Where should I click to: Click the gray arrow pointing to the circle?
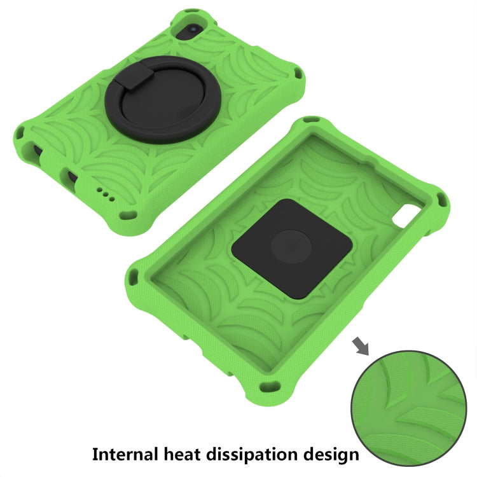point(361,346)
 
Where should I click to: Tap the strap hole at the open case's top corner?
point(314,119)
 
